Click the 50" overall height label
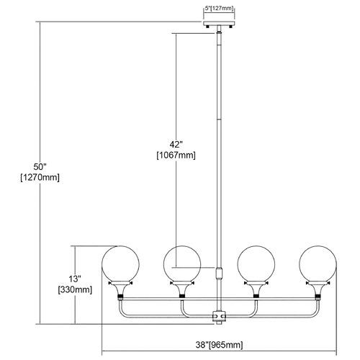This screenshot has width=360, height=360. tap(40, 166)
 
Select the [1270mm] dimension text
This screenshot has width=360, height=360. tap(40, 178)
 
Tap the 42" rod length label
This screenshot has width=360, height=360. tap(176, 145)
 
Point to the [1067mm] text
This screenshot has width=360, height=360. tap(176, 156)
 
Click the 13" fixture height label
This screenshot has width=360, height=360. tap(75, 279)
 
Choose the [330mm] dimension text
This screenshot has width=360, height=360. tap(75, 290)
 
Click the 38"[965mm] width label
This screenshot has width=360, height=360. tap(219, 345)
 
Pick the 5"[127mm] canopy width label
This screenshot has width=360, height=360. tap(219, 9)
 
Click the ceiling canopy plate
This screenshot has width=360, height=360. tap(219, 24)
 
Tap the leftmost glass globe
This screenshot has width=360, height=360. tap(120, 264)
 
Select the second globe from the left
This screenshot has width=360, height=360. tap(182, 264)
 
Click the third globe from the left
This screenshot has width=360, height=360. tap(256, 264)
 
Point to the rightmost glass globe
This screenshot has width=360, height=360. tap(318, 264)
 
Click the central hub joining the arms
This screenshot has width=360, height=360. tap(219, 315)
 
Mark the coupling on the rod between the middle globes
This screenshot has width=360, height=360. tap(219, 273)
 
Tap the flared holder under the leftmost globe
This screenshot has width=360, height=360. tap(120, 287)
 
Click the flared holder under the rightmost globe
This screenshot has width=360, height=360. tap(318, 287)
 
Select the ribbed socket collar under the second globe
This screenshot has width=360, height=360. tap(182, 296)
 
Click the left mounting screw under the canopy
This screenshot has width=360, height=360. tap(207, 27)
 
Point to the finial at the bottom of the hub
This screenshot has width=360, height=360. tap(219, 323)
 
